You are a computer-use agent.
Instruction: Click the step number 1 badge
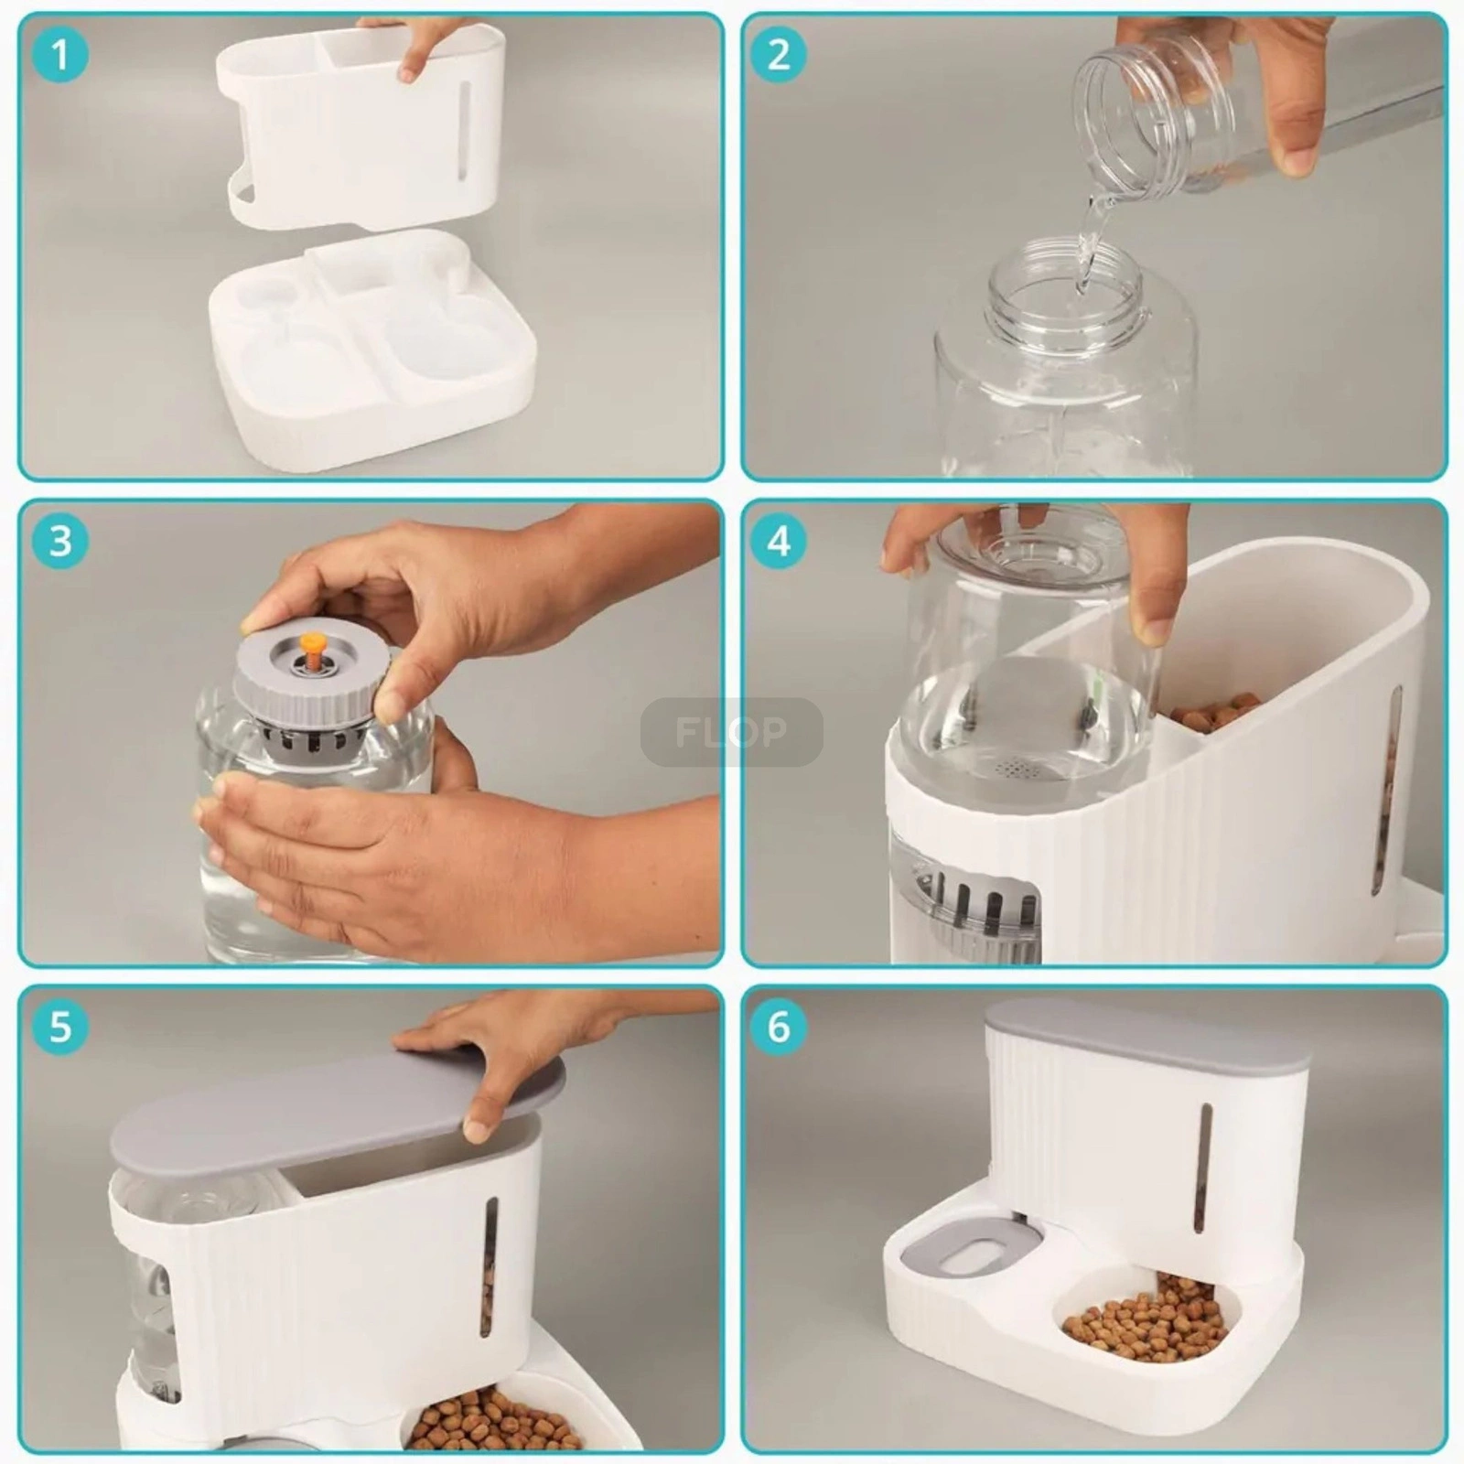[60, 55]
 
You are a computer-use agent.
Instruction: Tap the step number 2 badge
[779, 55]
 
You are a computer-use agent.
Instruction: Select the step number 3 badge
[60, 541]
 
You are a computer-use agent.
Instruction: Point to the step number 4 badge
[779, 541]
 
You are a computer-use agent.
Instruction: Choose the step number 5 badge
[60, 1027]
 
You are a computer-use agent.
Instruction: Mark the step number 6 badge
[779, 1027]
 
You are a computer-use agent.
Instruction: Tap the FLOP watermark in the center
[731, 732]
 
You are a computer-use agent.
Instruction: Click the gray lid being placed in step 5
[337, 1111]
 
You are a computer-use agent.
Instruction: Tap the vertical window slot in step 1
[464, 133]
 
